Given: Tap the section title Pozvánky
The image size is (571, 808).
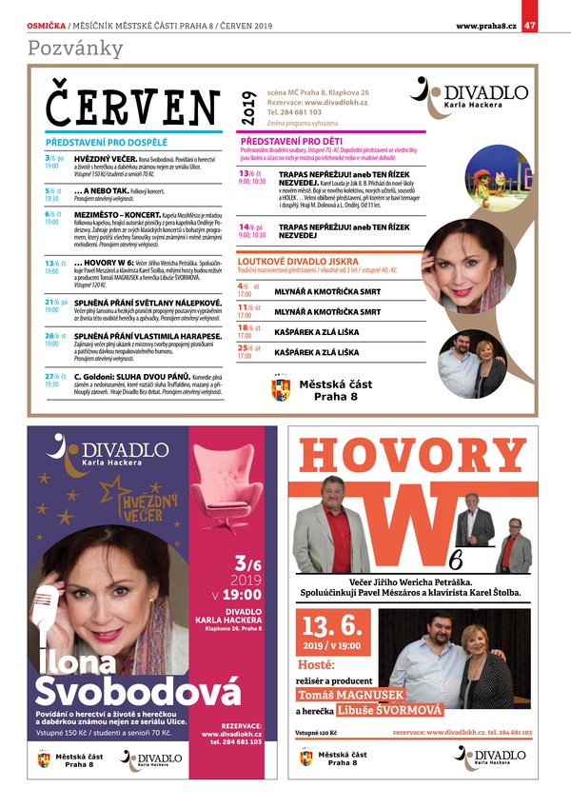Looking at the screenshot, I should coord(63,48).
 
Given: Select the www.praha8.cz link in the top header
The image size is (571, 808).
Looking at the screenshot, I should coord(486,25).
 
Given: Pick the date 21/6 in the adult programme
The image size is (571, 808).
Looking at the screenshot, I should coord(53,302).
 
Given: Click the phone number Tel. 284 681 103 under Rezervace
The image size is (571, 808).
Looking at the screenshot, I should coord(294,111).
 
